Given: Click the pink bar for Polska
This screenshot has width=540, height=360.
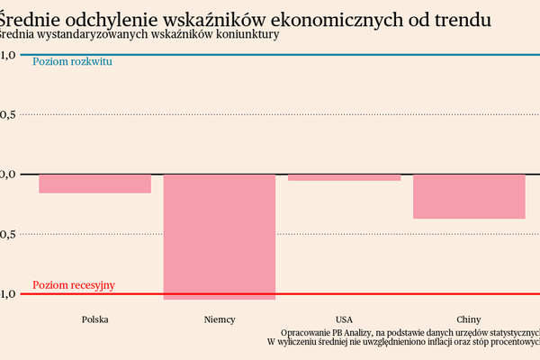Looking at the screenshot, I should tap(94, 184).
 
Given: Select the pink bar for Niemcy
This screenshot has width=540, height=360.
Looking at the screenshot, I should tap(219, 236).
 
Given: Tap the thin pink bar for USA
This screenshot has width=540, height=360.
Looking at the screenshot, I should tap(344, 177).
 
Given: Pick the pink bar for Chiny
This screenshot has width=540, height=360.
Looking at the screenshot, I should tap(468, 196).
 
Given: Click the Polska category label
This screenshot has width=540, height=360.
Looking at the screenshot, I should tap(95, 319).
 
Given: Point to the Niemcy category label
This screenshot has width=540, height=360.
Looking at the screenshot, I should tap(219, 319).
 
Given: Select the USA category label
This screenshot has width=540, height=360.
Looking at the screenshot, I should tap(344, 319).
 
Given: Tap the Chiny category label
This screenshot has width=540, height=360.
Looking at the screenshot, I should tap(468, 319).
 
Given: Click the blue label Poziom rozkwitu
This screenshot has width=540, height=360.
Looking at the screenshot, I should tap(72, 62).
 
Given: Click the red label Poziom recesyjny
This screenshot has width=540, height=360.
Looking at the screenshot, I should tap(74, 285).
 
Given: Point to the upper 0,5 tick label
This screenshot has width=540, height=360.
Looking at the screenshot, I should tap(8, 114).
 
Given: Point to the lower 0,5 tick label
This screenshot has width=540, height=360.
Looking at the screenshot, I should tap(8, 234).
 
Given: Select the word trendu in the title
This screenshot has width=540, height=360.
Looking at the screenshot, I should tap(463, 17).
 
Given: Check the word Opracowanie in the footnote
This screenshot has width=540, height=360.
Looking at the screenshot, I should tap(305, 331).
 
